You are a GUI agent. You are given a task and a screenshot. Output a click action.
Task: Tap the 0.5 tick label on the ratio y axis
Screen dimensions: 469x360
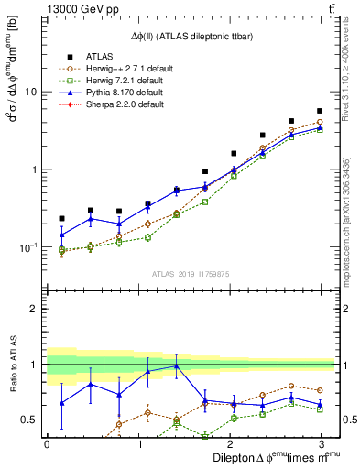click(28, 420)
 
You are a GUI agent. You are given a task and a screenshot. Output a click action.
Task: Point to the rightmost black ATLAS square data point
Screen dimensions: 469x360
click(320, 111)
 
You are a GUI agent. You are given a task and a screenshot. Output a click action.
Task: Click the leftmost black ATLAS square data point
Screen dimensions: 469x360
click(61, 218)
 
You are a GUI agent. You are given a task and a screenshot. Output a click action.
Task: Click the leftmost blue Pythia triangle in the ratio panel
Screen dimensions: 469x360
click(61, 403)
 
